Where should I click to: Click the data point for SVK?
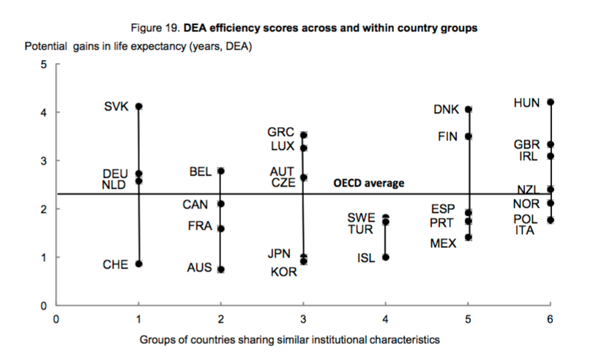click(x=138, y=106)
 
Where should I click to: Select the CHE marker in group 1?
click(x=138, y=263)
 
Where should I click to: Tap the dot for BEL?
click(x=221, y=171)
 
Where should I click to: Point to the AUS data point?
click(x=221, y=269)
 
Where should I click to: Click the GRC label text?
click(x=280, y=132)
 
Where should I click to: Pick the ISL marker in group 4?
click(x=386, y=257)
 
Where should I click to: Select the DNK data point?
click(x=469, y=110)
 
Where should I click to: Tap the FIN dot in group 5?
click(x=469, y=136)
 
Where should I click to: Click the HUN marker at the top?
click(x=551, y=102)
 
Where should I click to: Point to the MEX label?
click(x=444, y=243)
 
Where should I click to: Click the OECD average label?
click(x=368, y=183)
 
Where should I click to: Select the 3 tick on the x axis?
click(x=304, y=319)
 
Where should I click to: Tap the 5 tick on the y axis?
click(x=43, y=64)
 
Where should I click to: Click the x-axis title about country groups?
click(x=290, y=340)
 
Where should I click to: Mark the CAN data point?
click(x=221, y=203)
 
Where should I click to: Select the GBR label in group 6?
click(x=526, y=145)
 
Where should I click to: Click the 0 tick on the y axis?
click(x=43, y=305)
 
